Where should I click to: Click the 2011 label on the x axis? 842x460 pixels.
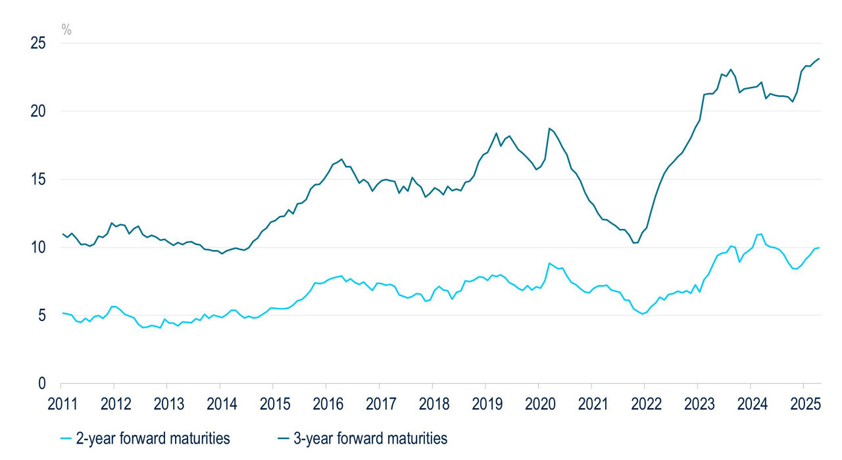[61, 403]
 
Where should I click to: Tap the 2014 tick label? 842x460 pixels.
[220, 403]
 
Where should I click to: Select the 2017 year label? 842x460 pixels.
[379, 403]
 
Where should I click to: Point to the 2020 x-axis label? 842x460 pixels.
[538, 403]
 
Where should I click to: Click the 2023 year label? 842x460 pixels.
[697, 403]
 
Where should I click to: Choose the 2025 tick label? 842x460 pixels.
[804, 403]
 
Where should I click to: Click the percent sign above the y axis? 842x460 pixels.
[66, 28]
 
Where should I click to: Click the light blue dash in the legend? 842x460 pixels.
[66, 438]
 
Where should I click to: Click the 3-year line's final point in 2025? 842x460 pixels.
[819, 59]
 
